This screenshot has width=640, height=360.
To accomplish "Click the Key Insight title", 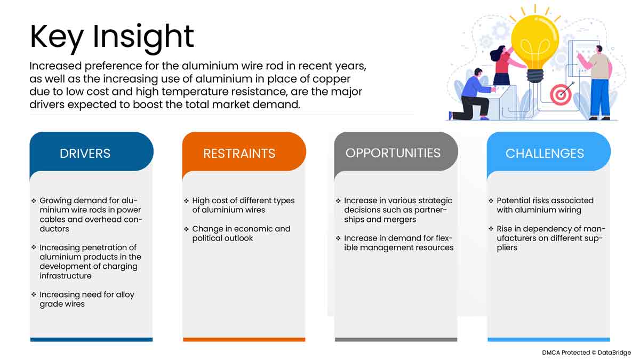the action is [111, 37].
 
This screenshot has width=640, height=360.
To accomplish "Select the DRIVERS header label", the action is [85, 154].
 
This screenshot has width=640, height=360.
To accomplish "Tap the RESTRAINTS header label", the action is [239, 154].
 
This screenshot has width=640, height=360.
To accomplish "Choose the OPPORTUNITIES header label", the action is [393, 153].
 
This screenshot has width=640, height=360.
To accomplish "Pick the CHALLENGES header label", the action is [545, 154].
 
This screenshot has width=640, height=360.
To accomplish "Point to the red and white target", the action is [561, 94].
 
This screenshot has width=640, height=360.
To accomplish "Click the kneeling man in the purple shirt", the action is [471, 94].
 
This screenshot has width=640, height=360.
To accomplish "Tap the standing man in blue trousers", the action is [597, 83].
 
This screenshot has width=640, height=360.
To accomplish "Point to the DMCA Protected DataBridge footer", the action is [586, 353].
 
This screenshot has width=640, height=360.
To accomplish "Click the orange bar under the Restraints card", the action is [244, 339].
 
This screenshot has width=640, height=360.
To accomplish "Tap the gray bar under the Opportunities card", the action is [396, 339].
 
